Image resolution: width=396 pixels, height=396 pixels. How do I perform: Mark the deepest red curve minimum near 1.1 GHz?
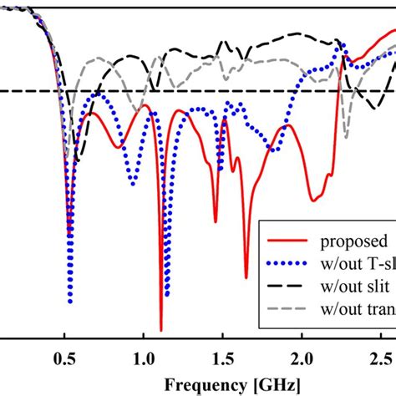pyautogui.click(x=161, y=330)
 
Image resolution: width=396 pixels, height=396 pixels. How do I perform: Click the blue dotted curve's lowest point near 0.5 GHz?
pyautogui.click(x=70, y=302)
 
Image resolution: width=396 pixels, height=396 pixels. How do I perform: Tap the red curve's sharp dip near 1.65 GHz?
pyautogui.click(x=246, y=277)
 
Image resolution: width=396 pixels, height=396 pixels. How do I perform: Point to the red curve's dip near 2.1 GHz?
pyautogui.click(x=313, y=201)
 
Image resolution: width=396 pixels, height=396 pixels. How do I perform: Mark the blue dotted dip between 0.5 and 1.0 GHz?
pyautogui.click(x=132, y=181)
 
